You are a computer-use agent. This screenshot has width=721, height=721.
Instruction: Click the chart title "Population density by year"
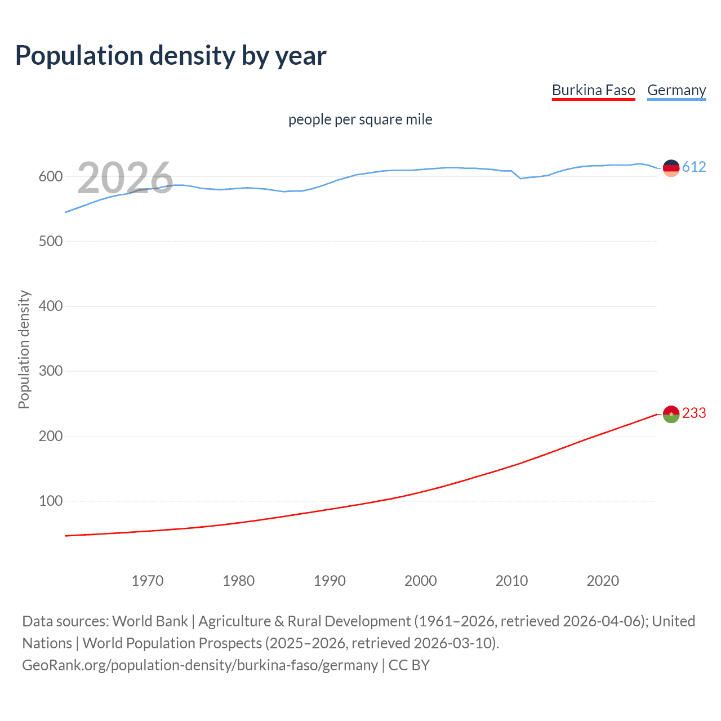pos(171,56)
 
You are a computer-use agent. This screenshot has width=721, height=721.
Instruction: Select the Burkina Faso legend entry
pos(593,90)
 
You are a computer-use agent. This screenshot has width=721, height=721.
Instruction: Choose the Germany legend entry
pos(676,90)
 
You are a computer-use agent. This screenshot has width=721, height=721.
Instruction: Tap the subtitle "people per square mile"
pos(360,119)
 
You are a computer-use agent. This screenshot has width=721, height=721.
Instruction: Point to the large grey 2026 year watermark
pos(125,177)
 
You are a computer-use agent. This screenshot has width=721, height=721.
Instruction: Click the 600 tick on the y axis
pos(50,176)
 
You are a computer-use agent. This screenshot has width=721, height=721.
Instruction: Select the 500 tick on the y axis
pos(50,241)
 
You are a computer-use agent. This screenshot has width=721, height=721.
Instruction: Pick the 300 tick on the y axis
pos(50,371)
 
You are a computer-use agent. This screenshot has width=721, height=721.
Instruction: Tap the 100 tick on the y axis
pos(50,501)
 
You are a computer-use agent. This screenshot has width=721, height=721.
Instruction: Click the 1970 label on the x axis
pos(148,581)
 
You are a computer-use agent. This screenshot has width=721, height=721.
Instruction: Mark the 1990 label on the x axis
pos(330,581)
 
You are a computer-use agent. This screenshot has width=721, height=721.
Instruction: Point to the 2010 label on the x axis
pos(511,581)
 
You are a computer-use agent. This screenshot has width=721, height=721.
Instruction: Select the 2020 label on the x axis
pos(603,581)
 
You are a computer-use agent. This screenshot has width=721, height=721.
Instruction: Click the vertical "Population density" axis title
pos(24,349)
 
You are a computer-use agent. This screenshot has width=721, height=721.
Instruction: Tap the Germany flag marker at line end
pos(671,168)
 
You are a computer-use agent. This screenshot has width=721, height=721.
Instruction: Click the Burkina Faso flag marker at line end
pos(671,414)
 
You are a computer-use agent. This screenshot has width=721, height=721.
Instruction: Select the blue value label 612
pos(694,167)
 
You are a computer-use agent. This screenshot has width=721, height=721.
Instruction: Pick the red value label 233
pos(694,413)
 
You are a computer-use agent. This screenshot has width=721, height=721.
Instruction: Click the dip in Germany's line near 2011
pos(520,179)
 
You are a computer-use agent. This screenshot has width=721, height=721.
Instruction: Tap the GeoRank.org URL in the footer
pos(200,665)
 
